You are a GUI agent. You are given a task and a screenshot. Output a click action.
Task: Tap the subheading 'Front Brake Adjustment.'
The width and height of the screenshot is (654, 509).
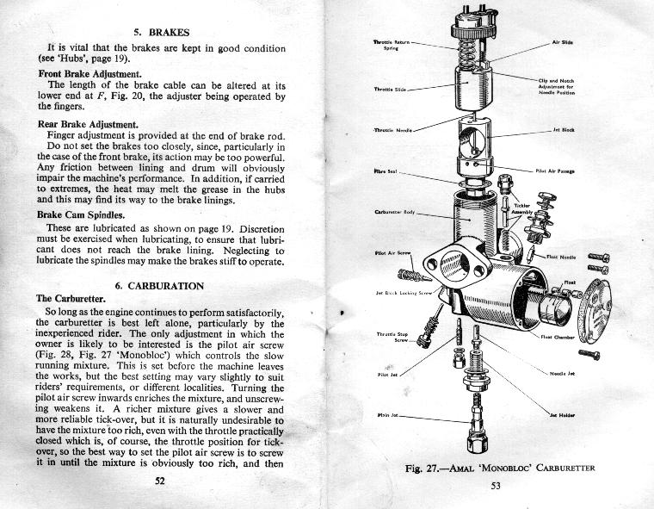pyautogui.click(x=89, y=74)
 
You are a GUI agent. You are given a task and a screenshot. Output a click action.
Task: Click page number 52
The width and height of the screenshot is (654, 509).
pyautogui.click(x=159, y=481)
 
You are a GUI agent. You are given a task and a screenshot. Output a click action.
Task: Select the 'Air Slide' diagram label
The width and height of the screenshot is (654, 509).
pyautogui.click(x=564, y=41)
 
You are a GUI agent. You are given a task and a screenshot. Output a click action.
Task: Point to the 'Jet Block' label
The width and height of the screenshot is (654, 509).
pyautogui.click(x=563, y=131)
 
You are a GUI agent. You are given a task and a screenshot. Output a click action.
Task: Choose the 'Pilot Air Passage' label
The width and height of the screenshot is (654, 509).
pyautogui.click(x=555, y=171)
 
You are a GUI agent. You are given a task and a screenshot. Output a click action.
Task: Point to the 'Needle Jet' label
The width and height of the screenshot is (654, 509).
pyautogui.click(x=562, y=373)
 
